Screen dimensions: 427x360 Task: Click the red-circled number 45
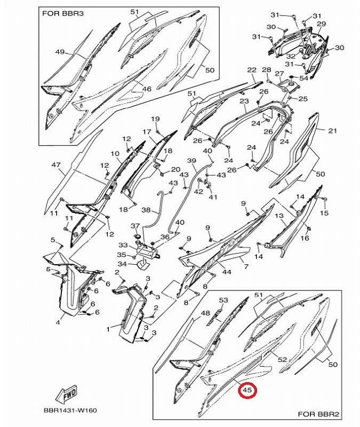[246, 391]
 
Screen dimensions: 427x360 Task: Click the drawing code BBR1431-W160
[70, 410]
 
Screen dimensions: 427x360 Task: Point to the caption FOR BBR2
[317, 414]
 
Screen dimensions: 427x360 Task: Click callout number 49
[59, 52]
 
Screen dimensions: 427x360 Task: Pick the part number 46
[146, 89]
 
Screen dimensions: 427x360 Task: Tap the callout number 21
[332, 131]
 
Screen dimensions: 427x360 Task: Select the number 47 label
[56, 165]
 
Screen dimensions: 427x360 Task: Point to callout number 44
[227, 272]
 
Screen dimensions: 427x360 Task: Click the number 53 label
[223, 301]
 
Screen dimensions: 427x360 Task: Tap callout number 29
[321, 24]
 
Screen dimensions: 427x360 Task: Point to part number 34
[122, 264]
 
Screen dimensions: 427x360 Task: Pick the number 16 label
[305, 238]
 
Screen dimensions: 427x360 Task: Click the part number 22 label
[252, 70]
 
